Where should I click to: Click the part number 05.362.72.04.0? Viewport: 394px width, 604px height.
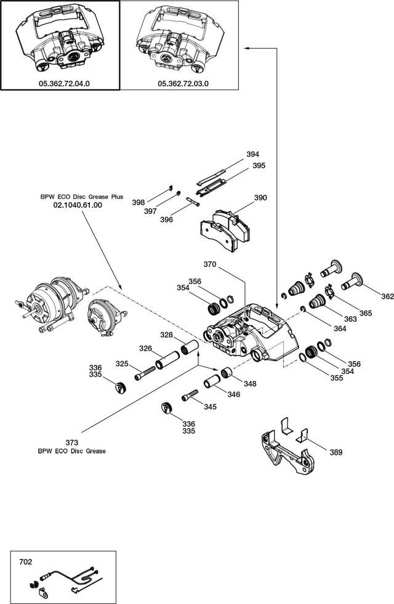click(60, 83)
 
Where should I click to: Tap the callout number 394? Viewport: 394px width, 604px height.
click(252, 154)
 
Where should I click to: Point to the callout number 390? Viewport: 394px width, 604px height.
click(260, 198)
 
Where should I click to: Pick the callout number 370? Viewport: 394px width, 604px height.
click(210, 264)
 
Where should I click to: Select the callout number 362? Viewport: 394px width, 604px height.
click(387, 296)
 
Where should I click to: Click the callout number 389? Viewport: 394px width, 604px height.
click(336, 452)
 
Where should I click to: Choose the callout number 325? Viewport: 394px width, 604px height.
click(123, 364)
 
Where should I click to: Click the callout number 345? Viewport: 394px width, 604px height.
click(210, 407)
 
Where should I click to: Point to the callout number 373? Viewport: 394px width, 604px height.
click(72, 443)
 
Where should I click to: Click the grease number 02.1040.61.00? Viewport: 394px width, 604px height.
click(78, 205)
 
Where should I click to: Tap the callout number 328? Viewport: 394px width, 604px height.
click(183, 335)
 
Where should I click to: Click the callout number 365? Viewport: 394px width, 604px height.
click(366, 313)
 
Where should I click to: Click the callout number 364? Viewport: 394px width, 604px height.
click(340, 328)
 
